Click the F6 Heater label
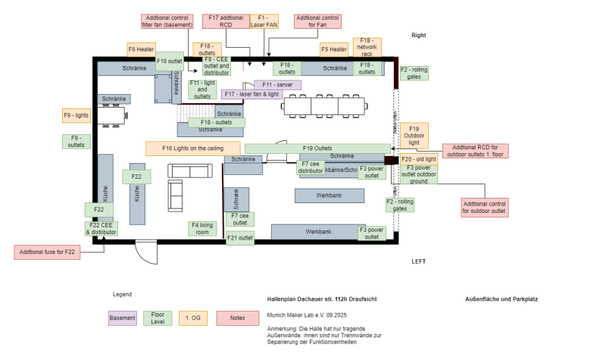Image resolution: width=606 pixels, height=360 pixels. (x=142, y=49)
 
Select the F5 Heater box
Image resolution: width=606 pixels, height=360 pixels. (x=334, y=50)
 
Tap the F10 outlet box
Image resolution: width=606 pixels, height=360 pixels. (x=170, y=61)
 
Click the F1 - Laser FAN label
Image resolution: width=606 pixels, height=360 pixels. (x=264, y=20)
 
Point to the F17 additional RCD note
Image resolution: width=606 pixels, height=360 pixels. (x=226, y=20)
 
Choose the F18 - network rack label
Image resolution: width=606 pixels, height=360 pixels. (x=367, y=47)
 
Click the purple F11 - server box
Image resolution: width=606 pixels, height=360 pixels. (x=277, y=85)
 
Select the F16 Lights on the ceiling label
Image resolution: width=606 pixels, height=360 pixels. (x=192, y=148)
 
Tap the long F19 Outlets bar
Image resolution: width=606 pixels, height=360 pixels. (x=317, y=148)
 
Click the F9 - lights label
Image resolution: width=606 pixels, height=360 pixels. (x=77, y=116)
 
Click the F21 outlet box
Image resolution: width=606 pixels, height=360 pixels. (x=240, y=238)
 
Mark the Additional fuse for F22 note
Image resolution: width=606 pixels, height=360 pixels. (x=47, y=252)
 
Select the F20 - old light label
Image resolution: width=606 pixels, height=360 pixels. (x=419, y=159)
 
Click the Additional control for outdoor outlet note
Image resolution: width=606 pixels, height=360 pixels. (x=485, y=207)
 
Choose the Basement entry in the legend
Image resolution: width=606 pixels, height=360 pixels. (x=123, y=318)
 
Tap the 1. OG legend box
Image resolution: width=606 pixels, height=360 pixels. (x=193, y=318)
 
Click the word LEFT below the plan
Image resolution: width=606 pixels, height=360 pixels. (x=418, y=261)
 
